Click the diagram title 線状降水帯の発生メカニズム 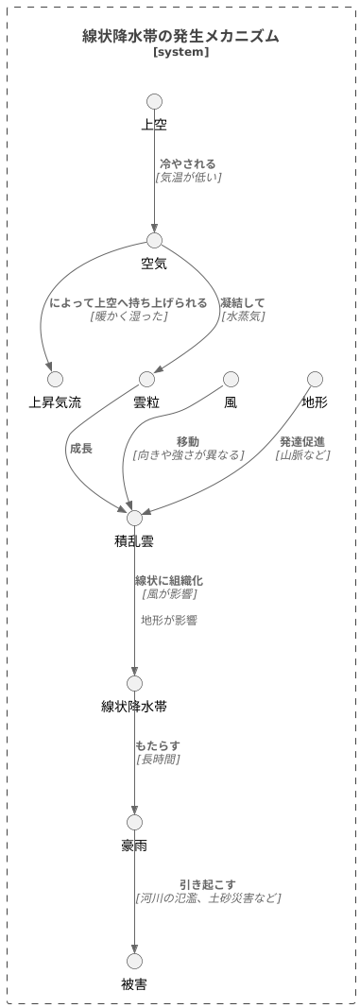click(x=180, y=36)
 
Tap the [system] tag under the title click(x=180, y=52)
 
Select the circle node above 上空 click(x=155, y=101)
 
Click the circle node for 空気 click(x=155, y=240)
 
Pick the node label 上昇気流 click(x=55, y=402)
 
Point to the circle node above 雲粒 click(x=146, y=379)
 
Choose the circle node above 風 click(x=231, y=379)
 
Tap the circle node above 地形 click(x=315, y=379)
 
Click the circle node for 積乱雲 click(x=134, y=518)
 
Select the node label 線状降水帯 click(x=134, y=707)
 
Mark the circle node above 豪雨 click(x=134, y=822)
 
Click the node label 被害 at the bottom click(x=134, y=984)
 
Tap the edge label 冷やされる click(x=187, y=163)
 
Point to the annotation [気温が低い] click(x=188, y=177)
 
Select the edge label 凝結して click(x=243, y=302)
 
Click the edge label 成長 click(x=80, y=448)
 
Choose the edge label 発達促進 click(x=302, y=441)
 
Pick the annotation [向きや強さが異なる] click(x=188, y=454)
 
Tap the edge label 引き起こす click(x=208, y=884)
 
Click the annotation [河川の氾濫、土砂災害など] click(x=208, y=897)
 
